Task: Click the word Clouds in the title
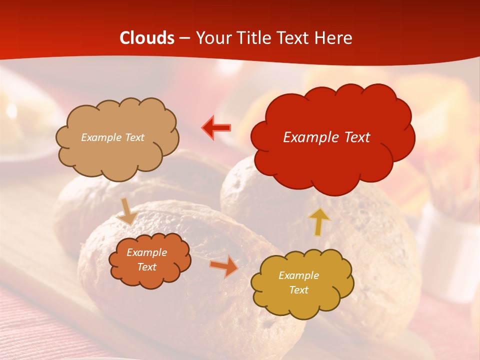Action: pyautogui.click(x=147, y=38)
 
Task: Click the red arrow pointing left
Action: pyautogui.click(x=217, y=128)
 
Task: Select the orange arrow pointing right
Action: pyautogui.click(x=224, y=266)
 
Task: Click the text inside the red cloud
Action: pyautogui.click(x=326, y=137)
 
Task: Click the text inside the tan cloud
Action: pyautogui.click(x=113, y=137)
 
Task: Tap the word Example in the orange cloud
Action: pyautogui.click(x=146, y=252)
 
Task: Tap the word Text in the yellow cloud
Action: pyautogui.click(x=298, y=290)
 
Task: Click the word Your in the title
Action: pyautogui.click(x=209, y=38)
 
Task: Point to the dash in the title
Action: pyautogui.click(x=184, y=38)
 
